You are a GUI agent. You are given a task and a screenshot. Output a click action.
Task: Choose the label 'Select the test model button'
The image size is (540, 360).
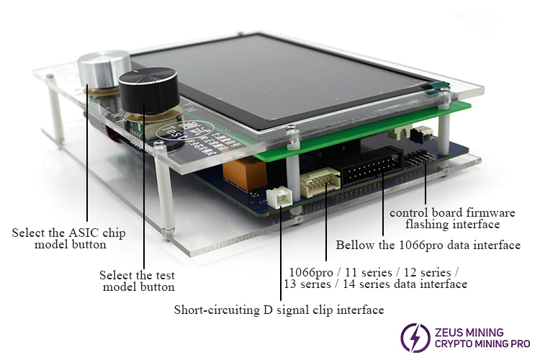click(138, 281)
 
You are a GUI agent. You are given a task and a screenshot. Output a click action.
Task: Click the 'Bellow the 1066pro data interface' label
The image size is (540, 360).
click(428, 246)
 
